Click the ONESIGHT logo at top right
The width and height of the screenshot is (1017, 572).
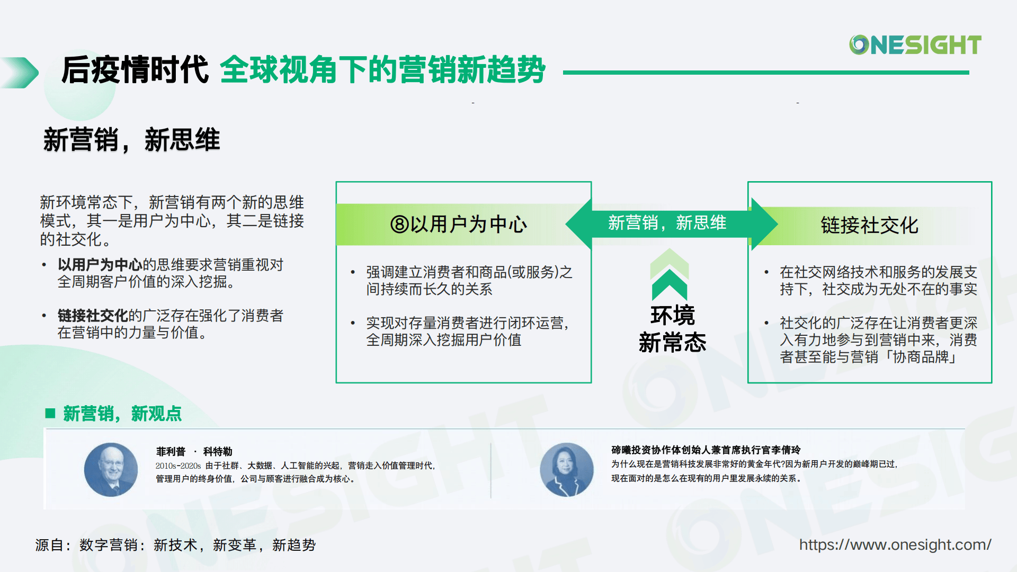click(x=915, y=45)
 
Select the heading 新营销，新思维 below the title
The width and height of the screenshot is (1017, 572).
click(x=131, y=140)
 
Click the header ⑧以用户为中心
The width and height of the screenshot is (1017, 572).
click(x=459, y=225)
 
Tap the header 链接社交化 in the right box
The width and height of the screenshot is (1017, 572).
click(x=869, y=225)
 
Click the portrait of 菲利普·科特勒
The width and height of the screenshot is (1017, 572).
click(x=111, y=470)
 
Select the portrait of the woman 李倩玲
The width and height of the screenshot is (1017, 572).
click(x=566, y=470)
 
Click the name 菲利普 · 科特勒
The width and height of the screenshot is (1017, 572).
click(x=194, y=451)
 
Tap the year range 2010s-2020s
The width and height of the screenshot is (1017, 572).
click(x=178, y=466)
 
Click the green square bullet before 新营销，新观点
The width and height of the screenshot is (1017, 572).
click(x=51, y=413)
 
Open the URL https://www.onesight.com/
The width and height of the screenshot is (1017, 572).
click(x=895, y=544)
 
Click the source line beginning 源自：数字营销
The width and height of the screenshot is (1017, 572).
click(x=175, y=545)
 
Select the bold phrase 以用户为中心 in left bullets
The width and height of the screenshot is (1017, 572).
click(x=100, y=265)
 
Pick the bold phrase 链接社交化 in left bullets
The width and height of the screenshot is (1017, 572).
click(x=93, y=316)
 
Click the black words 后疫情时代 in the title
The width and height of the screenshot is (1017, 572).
click(x=135, y=70)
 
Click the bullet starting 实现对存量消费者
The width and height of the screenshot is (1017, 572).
click(x=467, y=332)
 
